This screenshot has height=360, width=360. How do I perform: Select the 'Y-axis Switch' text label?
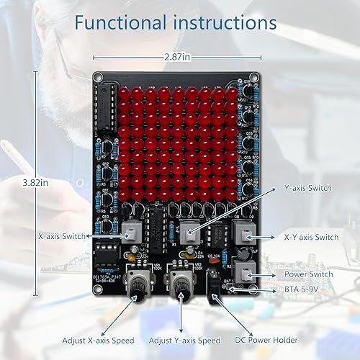click(307, 189)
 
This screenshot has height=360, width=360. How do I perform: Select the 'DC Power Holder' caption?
click(266, 339)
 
